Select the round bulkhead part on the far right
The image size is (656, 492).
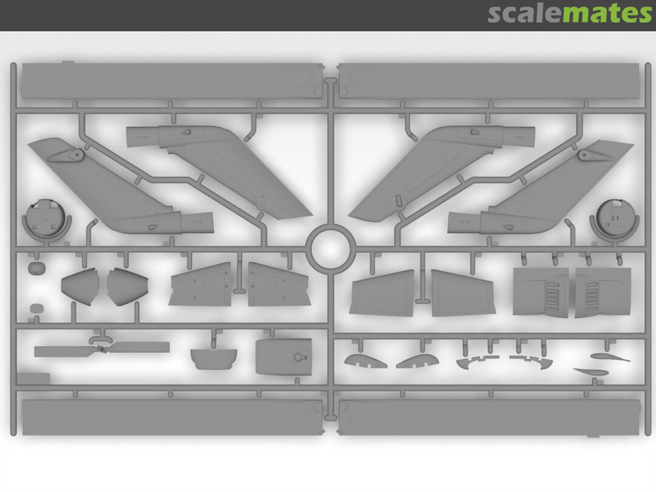615,219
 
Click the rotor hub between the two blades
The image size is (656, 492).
101,349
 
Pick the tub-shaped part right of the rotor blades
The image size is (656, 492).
214,358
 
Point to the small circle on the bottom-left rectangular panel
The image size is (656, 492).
298,357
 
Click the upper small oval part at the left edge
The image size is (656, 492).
36,268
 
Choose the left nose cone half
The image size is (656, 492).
80,286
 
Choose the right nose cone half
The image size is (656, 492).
127,287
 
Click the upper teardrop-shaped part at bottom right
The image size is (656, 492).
610,357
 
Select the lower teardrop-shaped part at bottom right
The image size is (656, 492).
591,372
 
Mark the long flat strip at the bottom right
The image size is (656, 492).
490,417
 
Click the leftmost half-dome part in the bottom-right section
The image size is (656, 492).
365,361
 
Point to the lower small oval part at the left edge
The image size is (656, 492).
37,309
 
